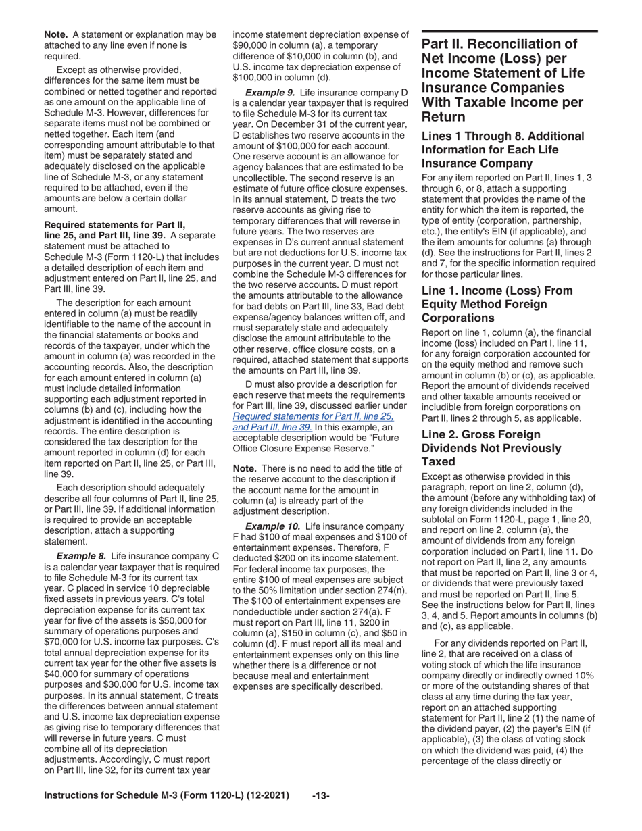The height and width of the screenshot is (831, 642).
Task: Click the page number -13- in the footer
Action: pos(321,815)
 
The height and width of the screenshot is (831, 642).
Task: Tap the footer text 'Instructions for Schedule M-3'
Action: pos(167,815)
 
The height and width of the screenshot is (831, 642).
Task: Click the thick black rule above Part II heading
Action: pos(509,32)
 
